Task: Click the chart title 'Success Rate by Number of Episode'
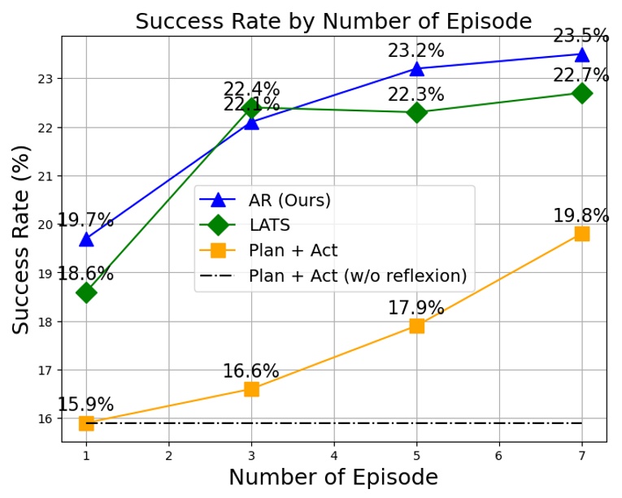333,21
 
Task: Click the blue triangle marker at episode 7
581,54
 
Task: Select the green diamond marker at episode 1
86,292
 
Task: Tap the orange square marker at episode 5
416,326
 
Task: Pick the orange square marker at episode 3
251,389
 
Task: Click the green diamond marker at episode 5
416,113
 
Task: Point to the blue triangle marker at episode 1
86,239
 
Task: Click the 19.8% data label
581,216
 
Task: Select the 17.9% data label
415,309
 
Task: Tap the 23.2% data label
415,51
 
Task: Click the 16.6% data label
250,371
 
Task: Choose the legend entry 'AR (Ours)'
289,200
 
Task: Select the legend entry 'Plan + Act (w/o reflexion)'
357,276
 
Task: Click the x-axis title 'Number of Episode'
333,478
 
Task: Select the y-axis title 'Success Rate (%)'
22,239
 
